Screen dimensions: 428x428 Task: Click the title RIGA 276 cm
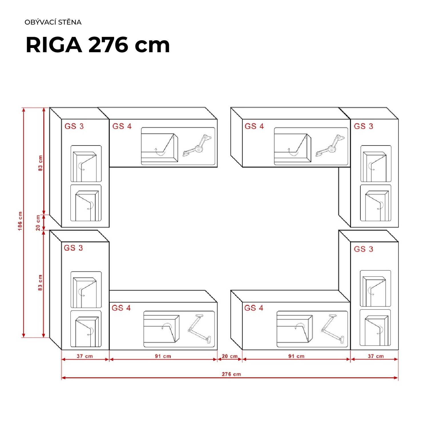point(98,45)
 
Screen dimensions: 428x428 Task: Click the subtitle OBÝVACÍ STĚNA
point(53,22)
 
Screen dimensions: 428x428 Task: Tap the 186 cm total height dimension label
point(20,221)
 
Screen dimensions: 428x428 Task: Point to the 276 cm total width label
point(231,374)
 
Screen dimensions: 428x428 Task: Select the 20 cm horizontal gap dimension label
point(230,356)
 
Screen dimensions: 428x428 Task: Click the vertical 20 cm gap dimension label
point(38,223)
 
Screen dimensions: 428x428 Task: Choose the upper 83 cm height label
point(40,163)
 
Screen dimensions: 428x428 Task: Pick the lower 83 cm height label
point(40,283)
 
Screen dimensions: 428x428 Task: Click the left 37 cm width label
point(85,356)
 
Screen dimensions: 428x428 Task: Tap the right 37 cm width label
point(376,356)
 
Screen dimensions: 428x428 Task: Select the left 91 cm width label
point(163,356)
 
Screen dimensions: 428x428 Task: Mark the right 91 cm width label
point(296,356)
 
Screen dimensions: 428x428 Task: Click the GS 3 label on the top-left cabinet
point(74,126)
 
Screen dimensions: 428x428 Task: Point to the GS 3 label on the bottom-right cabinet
point(364,249)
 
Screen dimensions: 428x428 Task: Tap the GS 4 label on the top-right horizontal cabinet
point(254,126)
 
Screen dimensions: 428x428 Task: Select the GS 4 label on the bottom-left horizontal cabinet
point(121,308)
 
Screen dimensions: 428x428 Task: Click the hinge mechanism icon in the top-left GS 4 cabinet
point(197,146)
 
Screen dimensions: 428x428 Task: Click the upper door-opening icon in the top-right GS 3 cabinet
point(375,164)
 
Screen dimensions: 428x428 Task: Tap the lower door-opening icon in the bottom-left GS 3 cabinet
point(86,329)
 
